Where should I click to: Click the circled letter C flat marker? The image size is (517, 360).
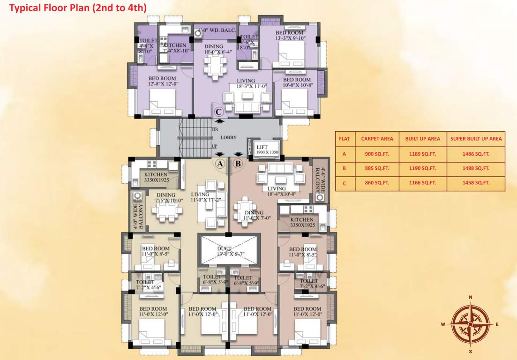(218, 112)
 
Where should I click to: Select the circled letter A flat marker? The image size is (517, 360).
(219, 163)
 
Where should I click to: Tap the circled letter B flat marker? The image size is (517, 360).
(238, 163)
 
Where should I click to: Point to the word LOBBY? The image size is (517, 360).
(228, 137)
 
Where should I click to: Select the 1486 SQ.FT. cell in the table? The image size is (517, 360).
(476, 154)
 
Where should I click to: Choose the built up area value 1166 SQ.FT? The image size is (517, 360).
(422, 183)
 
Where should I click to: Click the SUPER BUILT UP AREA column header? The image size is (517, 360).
(476, 139)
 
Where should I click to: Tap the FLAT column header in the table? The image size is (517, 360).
(344, 139)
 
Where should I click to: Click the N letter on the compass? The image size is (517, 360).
(471, 297)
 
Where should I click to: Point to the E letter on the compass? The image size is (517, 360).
(497, 324)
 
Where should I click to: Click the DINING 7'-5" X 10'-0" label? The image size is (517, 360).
(166, 198)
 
